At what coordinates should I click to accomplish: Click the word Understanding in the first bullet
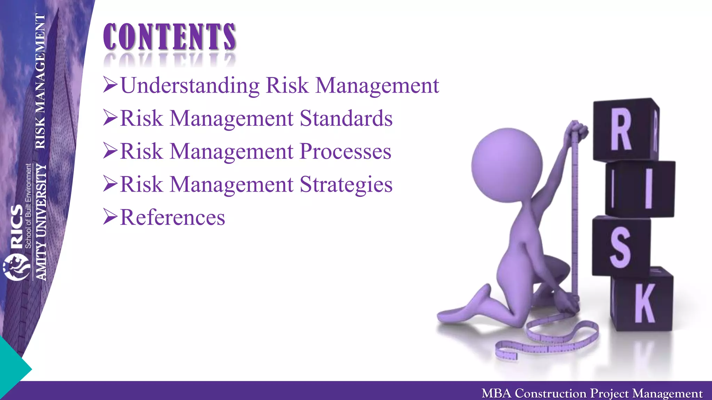click(190, 85)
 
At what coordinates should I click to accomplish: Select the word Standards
click(346, 118)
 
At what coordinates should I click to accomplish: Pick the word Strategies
click(346, 184)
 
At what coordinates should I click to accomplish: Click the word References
click(172, 218)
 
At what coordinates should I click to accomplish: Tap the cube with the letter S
click(621, 247)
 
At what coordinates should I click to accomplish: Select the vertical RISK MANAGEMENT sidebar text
click(40, 81)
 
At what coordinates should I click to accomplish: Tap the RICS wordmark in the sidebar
click(17, 226)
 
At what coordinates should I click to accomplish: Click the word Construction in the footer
click(550, 393)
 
